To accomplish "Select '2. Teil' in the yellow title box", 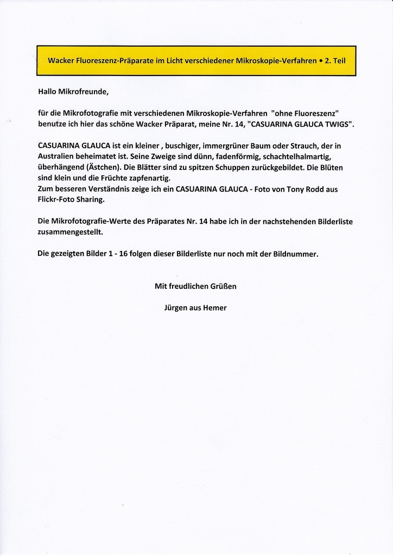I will point(335,61).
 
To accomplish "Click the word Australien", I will point(58,156).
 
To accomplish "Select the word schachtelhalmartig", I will point(296,156).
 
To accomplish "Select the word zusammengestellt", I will point(70,231).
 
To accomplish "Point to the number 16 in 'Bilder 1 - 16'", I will point(122,254).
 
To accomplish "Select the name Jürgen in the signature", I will point(176,308).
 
